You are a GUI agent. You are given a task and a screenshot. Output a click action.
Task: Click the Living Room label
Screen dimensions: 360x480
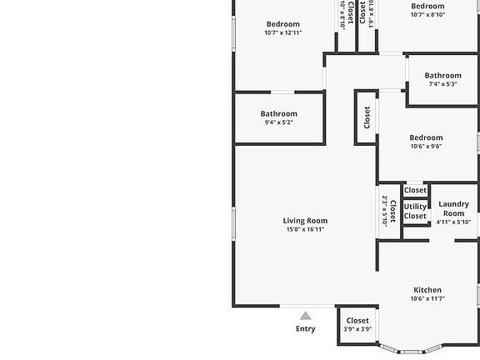point(305,221)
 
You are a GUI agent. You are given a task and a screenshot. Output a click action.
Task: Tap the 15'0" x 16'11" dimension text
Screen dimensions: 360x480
point(305,230)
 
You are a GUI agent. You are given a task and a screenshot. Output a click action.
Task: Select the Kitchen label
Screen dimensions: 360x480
point(427,290)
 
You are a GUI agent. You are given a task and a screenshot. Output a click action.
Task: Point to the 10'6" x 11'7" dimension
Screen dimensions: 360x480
point(427,299)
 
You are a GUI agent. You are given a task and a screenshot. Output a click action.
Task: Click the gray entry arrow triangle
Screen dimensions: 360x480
point(306,316)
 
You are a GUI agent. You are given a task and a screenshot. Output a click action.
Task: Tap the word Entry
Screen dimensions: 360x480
point(306,329)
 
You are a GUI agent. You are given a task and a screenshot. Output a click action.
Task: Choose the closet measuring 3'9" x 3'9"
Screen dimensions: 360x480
point(357,324)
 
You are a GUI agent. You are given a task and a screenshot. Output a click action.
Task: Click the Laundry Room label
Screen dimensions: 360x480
point(453,208)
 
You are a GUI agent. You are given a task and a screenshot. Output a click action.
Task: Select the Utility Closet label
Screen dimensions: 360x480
point(415,212)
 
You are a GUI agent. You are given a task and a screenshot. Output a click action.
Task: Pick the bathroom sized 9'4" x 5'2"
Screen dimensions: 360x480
point(278,117)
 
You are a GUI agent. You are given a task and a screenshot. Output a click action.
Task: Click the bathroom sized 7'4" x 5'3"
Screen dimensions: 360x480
point(442,79)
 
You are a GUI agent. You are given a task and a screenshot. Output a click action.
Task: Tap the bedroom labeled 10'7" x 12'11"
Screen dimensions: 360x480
point(282,28)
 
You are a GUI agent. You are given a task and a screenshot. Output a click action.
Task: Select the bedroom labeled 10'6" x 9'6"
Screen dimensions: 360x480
point(426,142)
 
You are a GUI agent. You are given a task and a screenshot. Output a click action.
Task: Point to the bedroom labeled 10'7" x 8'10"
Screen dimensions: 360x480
point(427,10)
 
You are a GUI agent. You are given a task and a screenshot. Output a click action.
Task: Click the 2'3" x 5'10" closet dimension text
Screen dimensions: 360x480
point(385,211)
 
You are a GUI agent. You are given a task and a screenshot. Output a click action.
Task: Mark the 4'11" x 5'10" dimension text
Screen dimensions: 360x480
point(453,222)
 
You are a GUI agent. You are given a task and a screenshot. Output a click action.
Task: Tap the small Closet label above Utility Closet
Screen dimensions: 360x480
point(415,191)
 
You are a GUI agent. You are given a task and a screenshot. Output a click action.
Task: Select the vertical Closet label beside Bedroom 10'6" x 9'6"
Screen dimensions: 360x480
point(367,117)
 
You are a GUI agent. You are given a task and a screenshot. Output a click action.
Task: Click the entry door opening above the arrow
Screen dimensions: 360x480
point(307,307)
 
